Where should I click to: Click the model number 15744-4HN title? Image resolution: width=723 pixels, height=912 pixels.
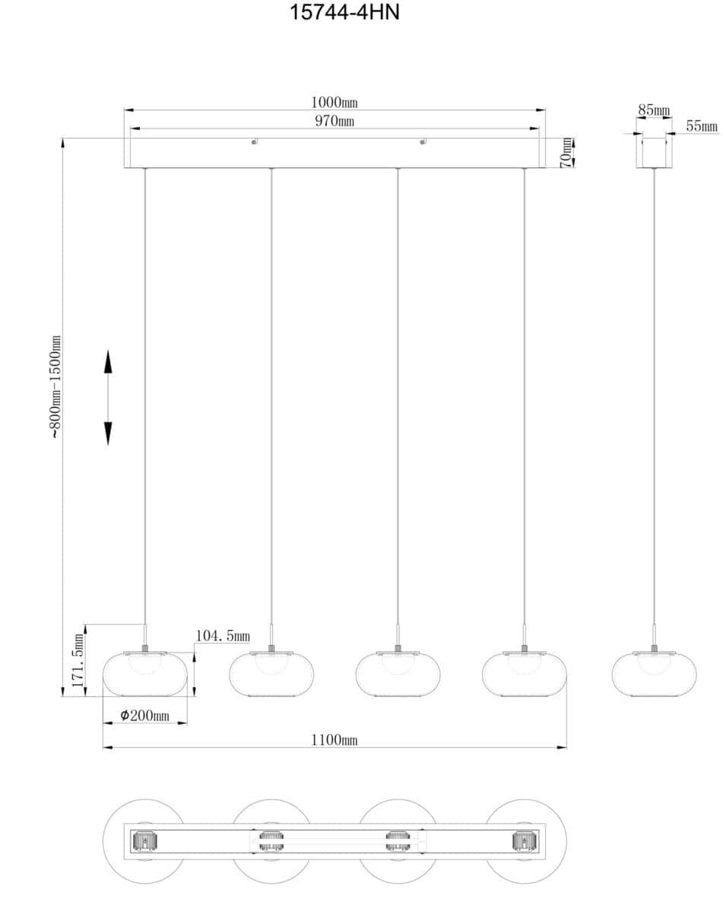coord(344,12)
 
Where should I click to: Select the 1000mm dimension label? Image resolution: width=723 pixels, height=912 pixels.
coord(335,102)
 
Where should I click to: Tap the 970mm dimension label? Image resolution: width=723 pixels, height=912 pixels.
coord(335,121)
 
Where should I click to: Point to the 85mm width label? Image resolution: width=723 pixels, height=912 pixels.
coord(654,110)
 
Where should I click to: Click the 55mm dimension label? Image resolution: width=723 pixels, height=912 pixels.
coord(702,126)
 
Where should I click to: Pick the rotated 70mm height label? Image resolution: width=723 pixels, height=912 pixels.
coord(566,154)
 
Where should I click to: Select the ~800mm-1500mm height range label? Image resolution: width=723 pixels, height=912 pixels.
coord(55,387)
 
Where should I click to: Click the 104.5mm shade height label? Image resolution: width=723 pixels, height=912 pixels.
coord(222,635)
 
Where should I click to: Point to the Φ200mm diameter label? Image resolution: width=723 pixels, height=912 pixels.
coord(145,715)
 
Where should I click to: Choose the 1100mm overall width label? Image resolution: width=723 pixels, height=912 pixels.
coord(335,740)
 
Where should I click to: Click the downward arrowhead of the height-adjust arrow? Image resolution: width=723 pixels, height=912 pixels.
coord(108,433)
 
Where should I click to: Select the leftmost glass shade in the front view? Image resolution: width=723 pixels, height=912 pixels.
coord(145,674)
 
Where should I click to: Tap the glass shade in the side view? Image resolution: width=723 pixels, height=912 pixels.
coord(654,674)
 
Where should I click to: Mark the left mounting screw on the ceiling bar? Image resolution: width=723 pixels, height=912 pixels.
coord(254,142)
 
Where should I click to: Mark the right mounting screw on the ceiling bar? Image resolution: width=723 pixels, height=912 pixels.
coord(422,142)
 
